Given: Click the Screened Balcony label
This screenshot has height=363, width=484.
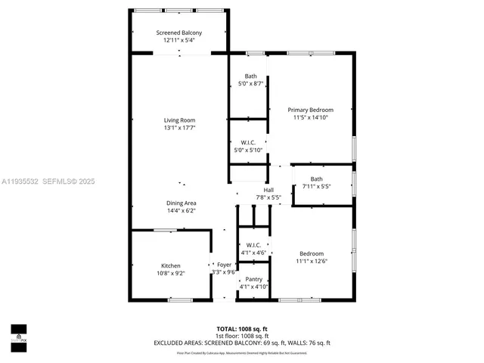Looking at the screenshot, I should [x=179, y=33].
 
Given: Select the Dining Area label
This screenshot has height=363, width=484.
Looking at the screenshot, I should [x=181, y=203].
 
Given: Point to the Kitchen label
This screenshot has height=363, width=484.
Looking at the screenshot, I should [x=170, y=265].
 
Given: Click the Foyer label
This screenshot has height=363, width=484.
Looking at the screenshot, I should [x=224, y=265].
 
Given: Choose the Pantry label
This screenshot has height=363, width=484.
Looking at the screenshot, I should [x=253, y=279].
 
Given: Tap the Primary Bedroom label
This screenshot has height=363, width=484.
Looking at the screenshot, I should [x=313, y=110].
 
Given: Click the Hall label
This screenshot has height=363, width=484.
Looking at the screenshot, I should [x=268, y=190].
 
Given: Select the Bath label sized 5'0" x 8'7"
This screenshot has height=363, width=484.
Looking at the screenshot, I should [x=250, y=76].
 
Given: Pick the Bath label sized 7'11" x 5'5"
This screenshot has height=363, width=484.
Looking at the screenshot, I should [x=316, y=179].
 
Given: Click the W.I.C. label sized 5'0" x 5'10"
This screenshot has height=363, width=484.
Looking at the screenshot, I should [x=248, y=142].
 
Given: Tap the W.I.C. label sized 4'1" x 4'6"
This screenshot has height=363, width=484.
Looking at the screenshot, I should [x=253, y=245].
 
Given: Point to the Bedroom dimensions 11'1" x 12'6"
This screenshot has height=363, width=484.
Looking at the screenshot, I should [x=312, y=262].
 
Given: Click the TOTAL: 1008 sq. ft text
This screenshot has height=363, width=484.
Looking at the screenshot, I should [x=241, y=329].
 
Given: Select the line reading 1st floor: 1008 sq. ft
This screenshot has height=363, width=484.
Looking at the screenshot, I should [x=241, y=336].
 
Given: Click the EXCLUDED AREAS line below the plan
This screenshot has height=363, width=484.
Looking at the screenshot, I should [x=241, y=343].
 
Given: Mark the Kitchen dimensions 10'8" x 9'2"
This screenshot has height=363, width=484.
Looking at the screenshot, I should [x=170, y=273].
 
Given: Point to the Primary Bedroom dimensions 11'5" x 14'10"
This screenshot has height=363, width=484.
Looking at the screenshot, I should [x=313, y=117].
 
